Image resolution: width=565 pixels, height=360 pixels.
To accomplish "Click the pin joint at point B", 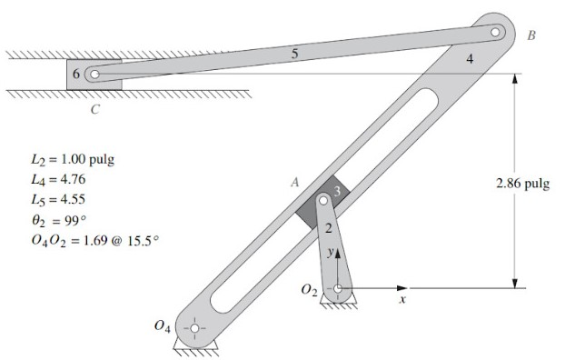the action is pos(495,32).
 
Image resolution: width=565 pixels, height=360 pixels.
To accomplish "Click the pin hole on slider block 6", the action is pos(94,75).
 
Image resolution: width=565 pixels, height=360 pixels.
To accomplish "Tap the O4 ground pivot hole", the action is pos(194,328).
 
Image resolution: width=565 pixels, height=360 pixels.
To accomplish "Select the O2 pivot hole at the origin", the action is pos(338,288).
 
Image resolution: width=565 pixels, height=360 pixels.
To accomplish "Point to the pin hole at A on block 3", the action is pos(323,199).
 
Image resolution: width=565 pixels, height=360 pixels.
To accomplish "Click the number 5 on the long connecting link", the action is pos(294,54).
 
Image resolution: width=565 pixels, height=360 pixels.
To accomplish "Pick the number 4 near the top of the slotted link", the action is pos(470,59).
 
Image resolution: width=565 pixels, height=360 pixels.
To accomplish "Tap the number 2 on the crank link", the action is pos(328,228).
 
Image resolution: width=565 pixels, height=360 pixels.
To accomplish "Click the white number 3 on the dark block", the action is pos(337,191).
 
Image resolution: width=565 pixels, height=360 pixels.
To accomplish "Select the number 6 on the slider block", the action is pos(76,74).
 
